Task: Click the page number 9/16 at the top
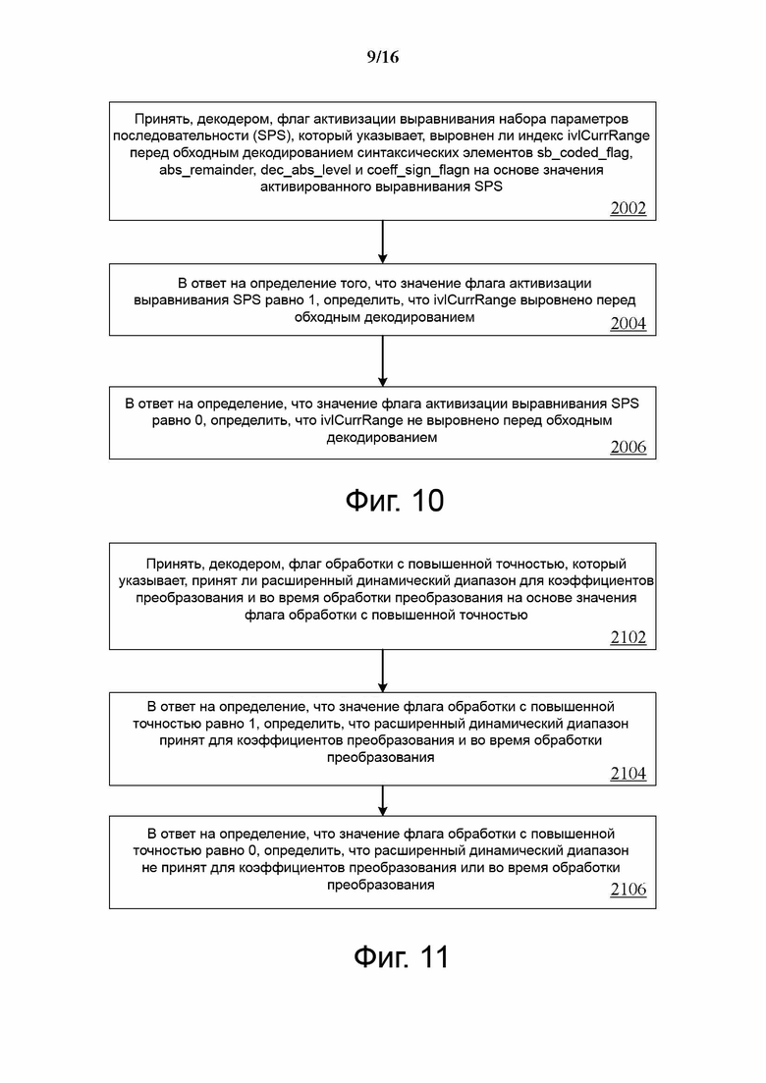[382, 57]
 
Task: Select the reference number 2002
[628, 207]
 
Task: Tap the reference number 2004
[628, 324]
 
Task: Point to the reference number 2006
[628, 447]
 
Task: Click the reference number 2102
[628, 637]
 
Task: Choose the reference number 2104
[628, 774]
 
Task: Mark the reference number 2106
[628, 890]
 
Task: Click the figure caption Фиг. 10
[395, 501]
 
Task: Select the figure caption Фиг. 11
[401, 956]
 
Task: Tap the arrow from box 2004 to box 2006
[382, 363]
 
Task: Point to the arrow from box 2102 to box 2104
[382, 672]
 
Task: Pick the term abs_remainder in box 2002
[206, 170]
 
